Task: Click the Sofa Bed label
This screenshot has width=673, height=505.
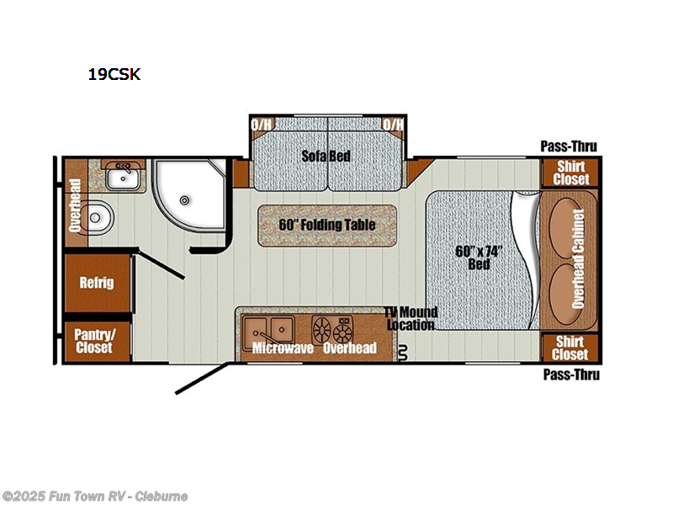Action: (x=327, y=156)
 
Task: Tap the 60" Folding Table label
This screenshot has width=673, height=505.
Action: (x=327, y=225)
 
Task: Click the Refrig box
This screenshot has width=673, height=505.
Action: (x=97, y=283)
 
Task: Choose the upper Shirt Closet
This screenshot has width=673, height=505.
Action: (x=571, y=173)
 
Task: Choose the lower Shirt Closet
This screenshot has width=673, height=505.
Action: (x=571, y=347)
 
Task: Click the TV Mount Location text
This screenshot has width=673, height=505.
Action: (x=411, y=318)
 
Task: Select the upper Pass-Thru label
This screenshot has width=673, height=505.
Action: (x=570, y=147)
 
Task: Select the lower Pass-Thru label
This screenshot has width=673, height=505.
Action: (x=571, y=375)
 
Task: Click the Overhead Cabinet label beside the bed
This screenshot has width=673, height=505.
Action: (x=578, y=259)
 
